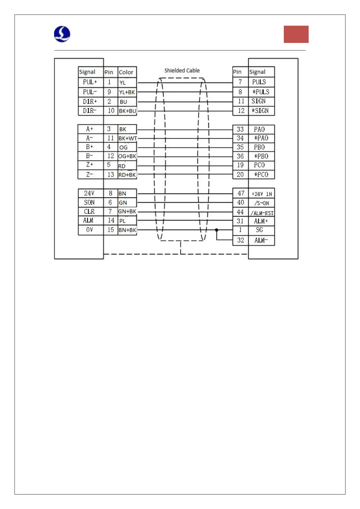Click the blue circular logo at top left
pos(62,34)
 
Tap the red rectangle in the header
pos(296,34)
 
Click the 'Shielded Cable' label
pos(182,70)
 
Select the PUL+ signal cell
pos(90,82)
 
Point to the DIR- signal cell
pos(90,111)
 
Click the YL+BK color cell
pos(127,92)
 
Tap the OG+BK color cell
pos(127,156)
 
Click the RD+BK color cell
pos(127,175)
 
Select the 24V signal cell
pos(90,193)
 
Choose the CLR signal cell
pos(90,212)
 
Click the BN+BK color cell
pos(127,230)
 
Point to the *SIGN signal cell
pos(261,111)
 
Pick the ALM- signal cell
pos(261,240)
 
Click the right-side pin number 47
pos(241,193)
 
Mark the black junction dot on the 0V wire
pos(216,230)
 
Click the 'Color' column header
pos(126,72)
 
